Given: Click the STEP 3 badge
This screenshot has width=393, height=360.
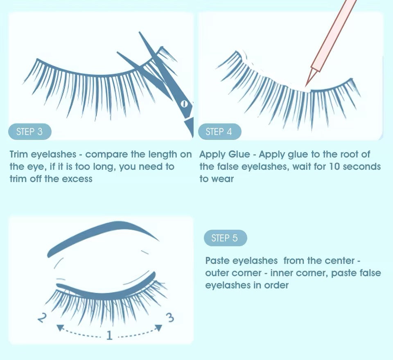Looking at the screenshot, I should pyautogui.click(x=29, y=132).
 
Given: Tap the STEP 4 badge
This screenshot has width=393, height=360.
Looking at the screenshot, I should pyautogui.click(x=219, y=132).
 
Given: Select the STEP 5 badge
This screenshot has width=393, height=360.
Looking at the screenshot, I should pyautogui.click(x=225, y=238).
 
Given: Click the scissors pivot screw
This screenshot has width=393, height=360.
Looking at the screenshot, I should pyautogui.click(x=184, y=104).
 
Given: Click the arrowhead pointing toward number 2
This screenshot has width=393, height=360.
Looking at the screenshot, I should pyautogui.click(x=60, y=327).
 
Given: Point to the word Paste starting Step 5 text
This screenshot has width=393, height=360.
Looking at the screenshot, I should pyautogui.click(x=217, y=261).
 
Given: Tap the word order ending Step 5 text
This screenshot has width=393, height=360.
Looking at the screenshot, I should pyautogui.click(x=276, y=285).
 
